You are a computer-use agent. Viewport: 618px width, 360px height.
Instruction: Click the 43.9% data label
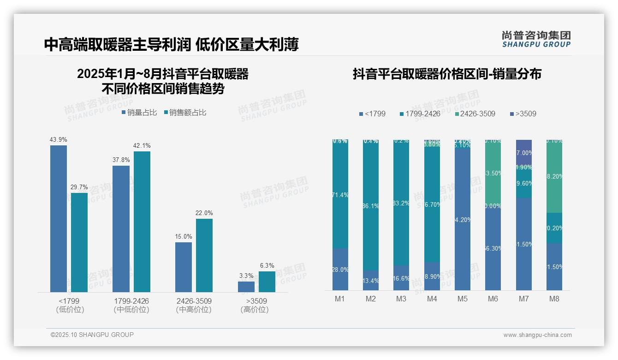tap(59, 139)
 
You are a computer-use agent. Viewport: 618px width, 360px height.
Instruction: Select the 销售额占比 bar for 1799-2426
tap(142, 222)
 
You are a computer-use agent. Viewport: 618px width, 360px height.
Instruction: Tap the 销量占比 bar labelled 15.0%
tap(184, 267)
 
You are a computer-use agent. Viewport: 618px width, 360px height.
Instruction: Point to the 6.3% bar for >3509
tap(267, 282)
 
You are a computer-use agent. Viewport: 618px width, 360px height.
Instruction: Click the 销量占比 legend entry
tap(139, 113)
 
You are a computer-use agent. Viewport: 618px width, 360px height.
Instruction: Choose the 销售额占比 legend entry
tap(185, 113)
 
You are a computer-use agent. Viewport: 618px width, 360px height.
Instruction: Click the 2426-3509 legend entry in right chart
tap(475, 114)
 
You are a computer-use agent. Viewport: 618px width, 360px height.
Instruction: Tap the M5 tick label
tap(463, 299)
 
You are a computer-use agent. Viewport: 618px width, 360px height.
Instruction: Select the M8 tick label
tap(554, 299)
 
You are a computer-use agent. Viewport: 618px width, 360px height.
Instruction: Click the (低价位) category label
tap(70, 310)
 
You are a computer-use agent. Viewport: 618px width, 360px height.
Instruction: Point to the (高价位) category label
tap(254, 310)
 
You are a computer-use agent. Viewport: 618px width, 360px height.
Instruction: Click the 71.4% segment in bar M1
tap(340, 195)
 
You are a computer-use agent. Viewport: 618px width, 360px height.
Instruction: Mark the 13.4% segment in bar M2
tap(371, 280)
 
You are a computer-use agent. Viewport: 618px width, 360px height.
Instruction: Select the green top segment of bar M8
tap(554, 176)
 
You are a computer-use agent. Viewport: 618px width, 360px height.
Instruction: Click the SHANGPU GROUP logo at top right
tap(536, 39)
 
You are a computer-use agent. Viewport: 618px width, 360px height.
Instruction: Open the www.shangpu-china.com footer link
tap(537, 335)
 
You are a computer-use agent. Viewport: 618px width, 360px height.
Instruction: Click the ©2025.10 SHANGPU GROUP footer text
tap(92, 335)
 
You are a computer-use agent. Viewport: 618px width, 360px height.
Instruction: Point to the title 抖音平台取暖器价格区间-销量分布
tap(447, 74)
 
